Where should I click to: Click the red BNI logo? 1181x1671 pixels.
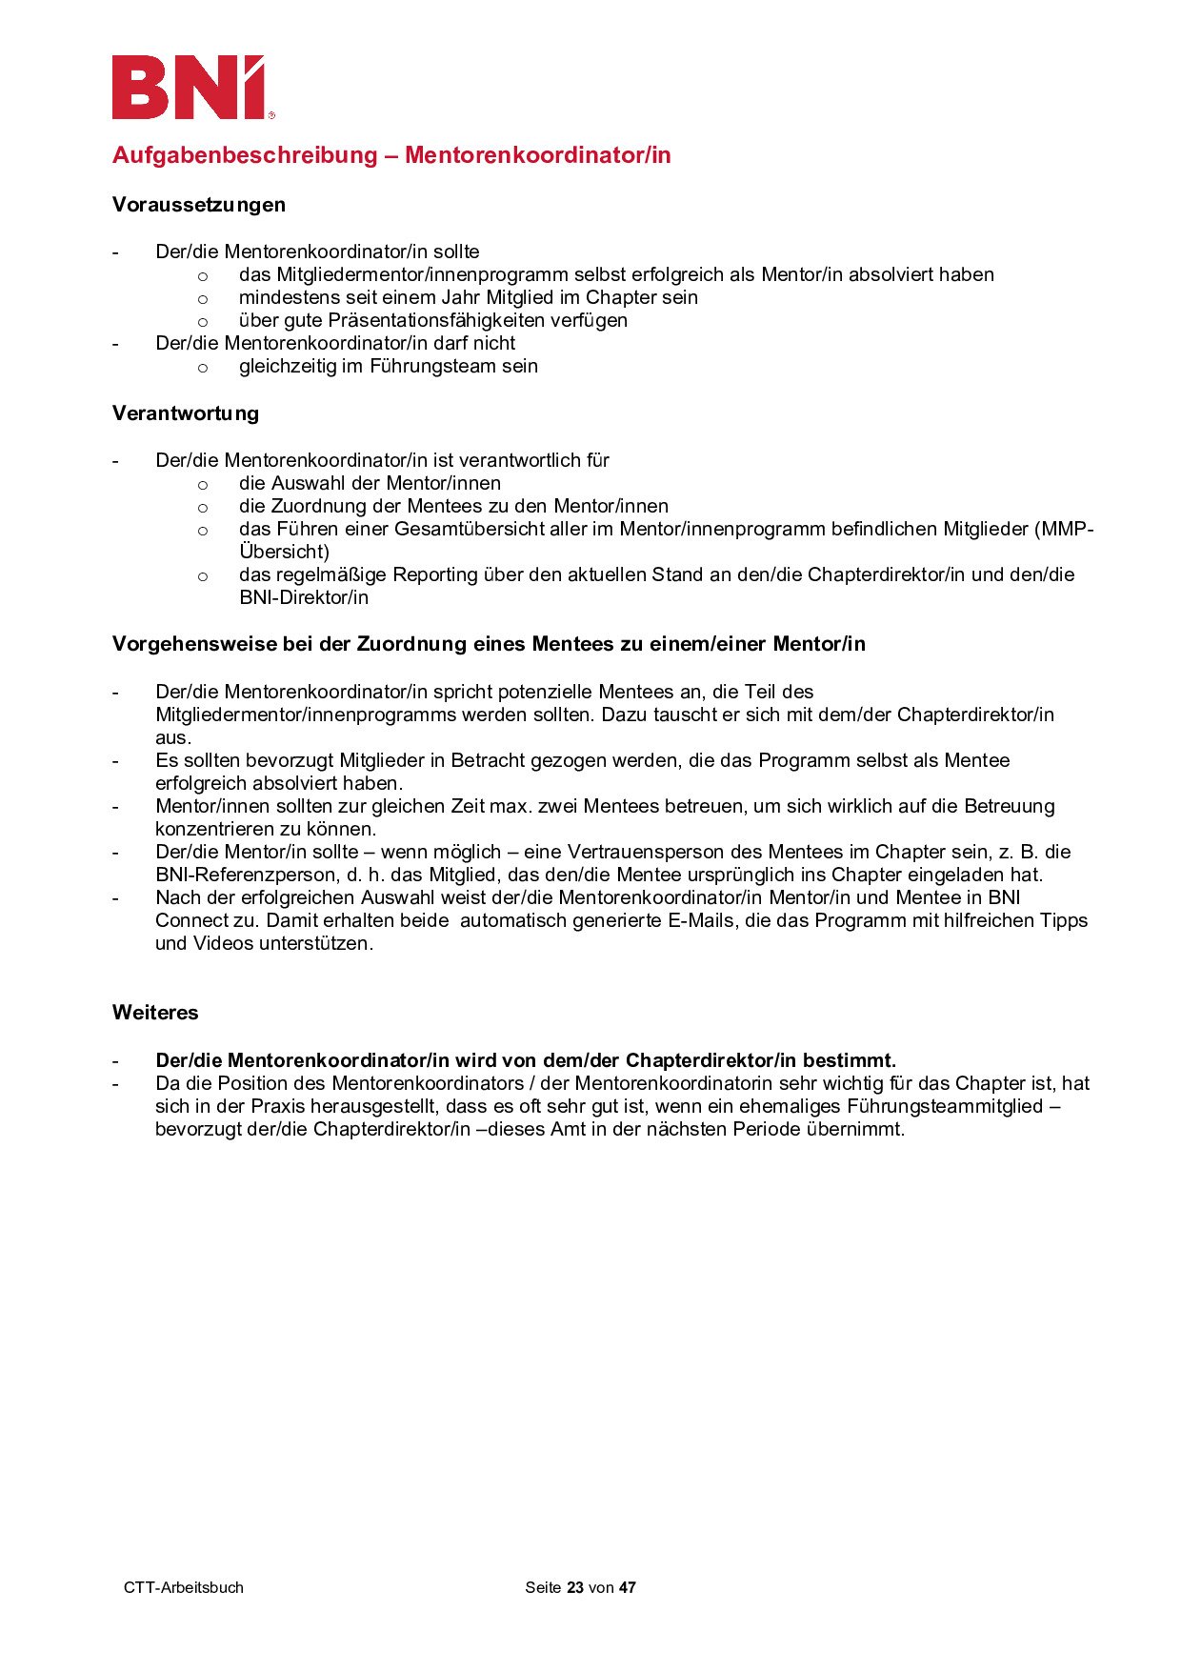pyautogui.click(x=190, y=88)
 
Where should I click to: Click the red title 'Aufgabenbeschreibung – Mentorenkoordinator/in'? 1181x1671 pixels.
pyautogui.click(x=391, y=155)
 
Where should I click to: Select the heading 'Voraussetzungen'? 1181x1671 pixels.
pyautogui.click(x=199, y=205)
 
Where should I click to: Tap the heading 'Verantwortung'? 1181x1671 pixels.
pyautogui.click(x=186, y=413)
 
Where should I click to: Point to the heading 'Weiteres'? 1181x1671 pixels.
pyautogui.click(x=155, y=1013)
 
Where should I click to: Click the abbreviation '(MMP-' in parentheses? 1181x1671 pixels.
pyautogui.click(x=1064, y=529)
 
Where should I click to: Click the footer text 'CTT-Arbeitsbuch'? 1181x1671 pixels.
pyautogui.click(x=184, y=1587)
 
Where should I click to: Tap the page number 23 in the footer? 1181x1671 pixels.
pyautogui.click(x=574, y=1587)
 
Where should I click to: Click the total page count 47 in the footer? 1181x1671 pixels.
pyautogui.click(x=627, y=1587)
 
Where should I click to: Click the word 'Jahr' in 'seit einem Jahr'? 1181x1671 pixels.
pyautogui.click(x=460, y=297)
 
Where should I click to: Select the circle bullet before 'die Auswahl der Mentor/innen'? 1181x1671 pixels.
pyautogui.click(x=203, y=484)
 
